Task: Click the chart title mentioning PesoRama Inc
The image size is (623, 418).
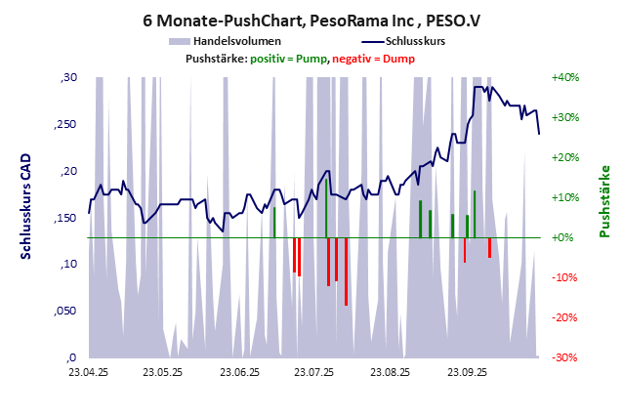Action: coord(311,19)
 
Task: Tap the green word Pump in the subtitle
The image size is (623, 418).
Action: coord(311,59)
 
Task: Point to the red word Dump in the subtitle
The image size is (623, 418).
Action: coord(398,59)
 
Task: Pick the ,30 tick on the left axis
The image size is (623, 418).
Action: coord(68,78)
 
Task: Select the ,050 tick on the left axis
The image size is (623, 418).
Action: coord(65,311)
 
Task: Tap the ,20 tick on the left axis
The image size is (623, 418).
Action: coord(68,171)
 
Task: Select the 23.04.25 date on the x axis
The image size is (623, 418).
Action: coord(88,372)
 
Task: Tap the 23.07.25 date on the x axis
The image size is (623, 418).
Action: coord(314,372)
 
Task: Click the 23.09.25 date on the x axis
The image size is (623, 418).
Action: coord(467,372)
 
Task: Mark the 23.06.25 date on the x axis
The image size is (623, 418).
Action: coord(239,372)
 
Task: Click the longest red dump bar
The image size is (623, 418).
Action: coord(346,272)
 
